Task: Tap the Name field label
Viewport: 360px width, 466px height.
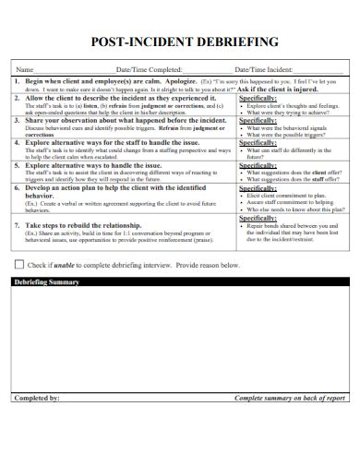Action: tap(25, 70)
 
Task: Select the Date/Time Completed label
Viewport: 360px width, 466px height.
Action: tap(148, 70)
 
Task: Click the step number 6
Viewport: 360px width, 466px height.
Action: tap(17, 187)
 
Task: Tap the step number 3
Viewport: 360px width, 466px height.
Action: tap(17, 120)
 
